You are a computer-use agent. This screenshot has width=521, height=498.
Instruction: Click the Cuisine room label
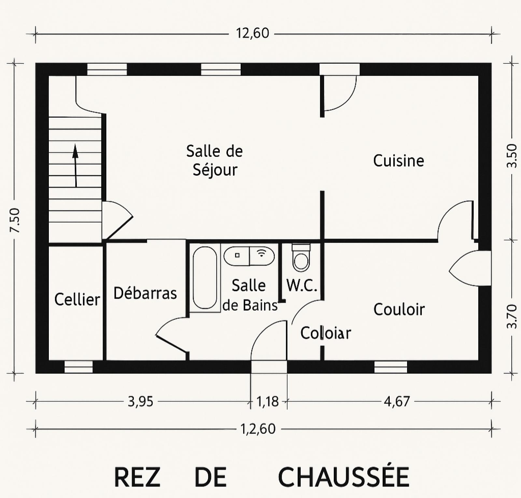399,161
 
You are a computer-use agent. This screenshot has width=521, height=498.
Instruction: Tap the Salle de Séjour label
215,160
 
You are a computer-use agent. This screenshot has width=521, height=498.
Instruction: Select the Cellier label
77,299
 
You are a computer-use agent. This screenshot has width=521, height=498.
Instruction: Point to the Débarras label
145,293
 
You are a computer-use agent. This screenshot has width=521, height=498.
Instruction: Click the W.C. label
302,285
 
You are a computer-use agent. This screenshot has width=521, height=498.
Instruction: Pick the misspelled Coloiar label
326,333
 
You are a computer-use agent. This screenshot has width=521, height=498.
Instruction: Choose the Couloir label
399,309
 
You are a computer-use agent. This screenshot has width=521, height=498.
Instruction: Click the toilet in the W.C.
301,258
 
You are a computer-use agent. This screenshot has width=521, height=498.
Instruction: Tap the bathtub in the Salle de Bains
205,278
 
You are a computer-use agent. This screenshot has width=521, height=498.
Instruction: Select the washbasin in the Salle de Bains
249,256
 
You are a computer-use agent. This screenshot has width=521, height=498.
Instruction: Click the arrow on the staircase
76,165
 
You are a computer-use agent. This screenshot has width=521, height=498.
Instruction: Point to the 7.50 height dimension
15,220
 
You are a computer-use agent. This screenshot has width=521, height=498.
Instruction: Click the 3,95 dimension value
140,402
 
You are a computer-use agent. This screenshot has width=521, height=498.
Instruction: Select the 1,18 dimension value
268,402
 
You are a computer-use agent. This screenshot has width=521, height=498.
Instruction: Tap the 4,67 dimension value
397,402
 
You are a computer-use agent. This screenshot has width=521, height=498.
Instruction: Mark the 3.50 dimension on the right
512,156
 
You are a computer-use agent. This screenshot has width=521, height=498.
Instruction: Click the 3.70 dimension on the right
512,316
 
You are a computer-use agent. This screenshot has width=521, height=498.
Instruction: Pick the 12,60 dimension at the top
253,33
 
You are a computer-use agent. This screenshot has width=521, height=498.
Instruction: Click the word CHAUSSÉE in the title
344,477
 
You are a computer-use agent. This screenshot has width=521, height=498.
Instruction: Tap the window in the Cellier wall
78,367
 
